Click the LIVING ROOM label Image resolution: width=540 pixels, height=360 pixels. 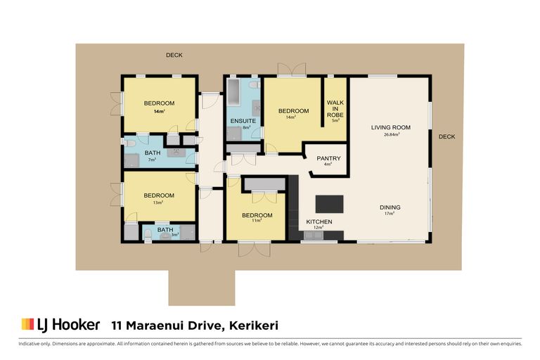[390, 127]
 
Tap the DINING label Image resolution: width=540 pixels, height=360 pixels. [390, 207]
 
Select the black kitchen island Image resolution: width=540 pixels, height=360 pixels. [330, 203]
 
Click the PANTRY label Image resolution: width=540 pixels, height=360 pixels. [328, 158]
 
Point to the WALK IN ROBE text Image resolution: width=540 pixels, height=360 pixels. [335, 108]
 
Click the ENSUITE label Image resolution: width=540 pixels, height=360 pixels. [243, 121]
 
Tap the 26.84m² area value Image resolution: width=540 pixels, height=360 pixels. [390, 134]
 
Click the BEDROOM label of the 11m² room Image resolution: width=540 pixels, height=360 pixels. [257, 215]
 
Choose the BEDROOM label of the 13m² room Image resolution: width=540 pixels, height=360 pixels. [159, 195]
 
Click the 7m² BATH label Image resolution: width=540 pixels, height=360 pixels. [152, 153]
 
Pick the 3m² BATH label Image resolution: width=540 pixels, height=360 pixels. [165, 229]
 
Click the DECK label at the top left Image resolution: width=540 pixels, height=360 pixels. [174, 56]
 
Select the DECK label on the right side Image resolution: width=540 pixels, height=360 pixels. [446, 137]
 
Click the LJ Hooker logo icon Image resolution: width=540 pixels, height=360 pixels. [27, 324]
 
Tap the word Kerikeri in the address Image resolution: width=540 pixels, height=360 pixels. [252, 325]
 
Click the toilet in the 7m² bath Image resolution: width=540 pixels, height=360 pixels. [131, 142]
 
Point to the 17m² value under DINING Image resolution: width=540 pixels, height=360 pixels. [390, 214]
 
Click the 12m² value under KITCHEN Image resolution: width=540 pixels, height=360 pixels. [318, 228]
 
